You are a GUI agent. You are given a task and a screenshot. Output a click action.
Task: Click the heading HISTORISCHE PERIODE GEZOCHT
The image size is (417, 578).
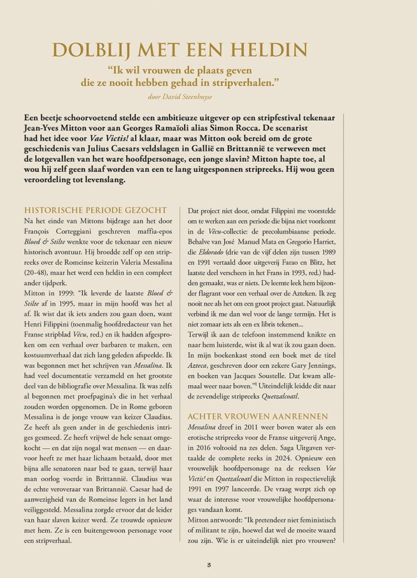click(x=95, y=210)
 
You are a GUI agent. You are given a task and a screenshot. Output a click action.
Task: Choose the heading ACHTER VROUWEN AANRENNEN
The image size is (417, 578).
click(x=257, y=416)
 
